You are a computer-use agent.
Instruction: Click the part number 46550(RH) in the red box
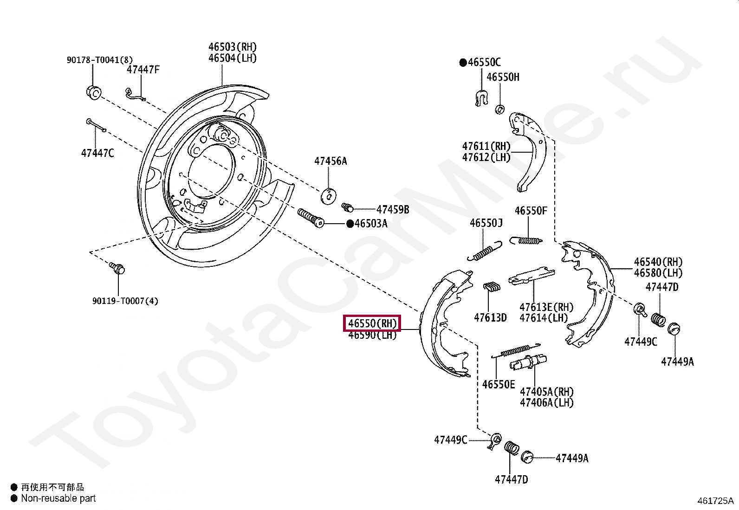click(x=372, y=323)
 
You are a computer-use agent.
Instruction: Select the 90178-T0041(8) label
click(x=99, y=60)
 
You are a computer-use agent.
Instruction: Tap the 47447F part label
click(x=143, y=70)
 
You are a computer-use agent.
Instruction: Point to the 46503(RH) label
click(x=232, y=47)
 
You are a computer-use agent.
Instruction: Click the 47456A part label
click(x=331, y=161)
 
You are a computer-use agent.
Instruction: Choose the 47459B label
click(x=393, y=210)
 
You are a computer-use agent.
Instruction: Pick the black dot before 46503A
click(x=350, y=224)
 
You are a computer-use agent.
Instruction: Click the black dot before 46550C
click(x=463, y=63)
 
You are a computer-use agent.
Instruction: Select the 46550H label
click(x=503, y=77)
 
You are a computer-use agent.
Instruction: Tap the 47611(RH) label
click(x=486, y=147)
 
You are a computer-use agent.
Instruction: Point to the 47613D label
click(x=490, y=318)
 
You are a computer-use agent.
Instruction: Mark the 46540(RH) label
click(x=658, y=262)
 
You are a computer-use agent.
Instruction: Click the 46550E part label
click(x=499, y=385)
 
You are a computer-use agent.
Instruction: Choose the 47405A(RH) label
click(x=546, y=392)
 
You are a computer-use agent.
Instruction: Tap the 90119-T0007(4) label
click(x=125, y=301)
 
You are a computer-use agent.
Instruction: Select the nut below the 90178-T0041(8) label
click(x=94, y=92)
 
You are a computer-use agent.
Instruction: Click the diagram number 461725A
click(x=715, y=501)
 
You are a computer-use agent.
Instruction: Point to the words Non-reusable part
click(x=58, y=498)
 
